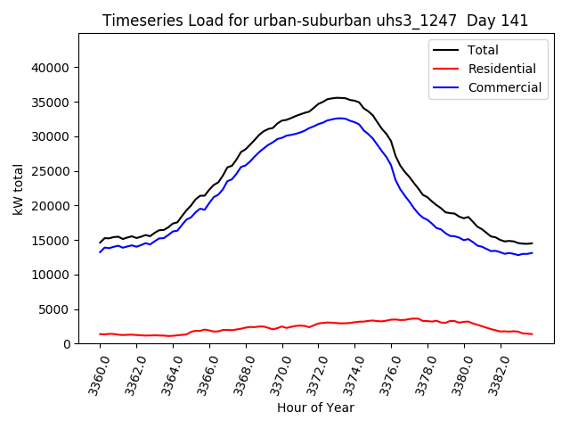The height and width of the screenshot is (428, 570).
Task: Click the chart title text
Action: click(315, 21)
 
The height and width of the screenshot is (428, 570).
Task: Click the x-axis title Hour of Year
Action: click(315, 407)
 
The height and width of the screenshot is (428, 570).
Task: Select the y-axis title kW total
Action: click(19, 188)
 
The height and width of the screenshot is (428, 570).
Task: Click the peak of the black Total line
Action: click(338, 97)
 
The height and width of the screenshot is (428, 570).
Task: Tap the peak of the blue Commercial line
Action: click(340, 118)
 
